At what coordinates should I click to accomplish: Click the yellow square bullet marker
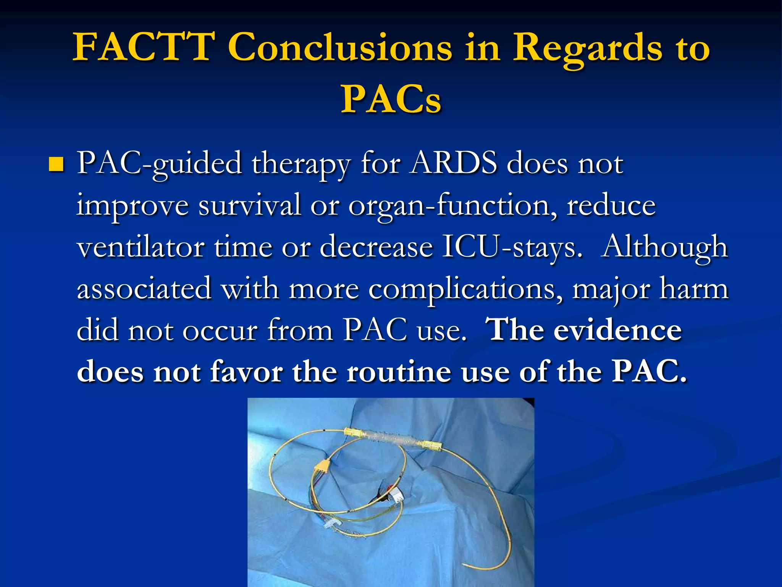click(x=56, y=164)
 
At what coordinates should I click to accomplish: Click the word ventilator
click(x=141, y=247)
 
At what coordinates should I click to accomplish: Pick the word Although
click(x=664, y=247)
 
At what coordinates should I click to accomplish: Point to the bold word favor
click(x=246, y=372)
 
